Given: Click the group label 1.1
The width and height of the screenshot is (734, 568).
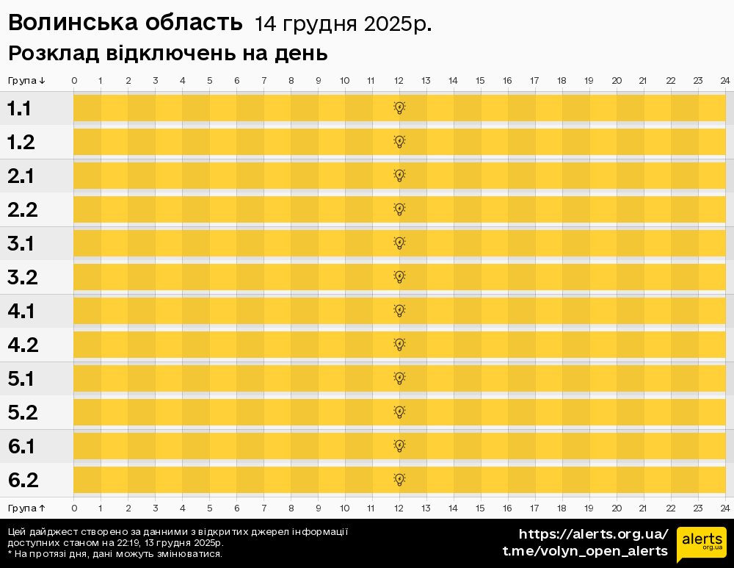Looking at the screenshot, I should (19, 109).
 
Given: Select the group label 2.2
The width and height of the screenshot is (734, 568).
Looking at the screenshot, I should (22, 210).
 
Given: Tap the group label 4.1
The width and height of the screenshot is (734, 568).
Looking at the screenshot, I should (21, 312).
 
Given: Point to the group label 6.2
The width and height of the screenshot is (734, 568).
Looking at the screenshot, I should (23, 481).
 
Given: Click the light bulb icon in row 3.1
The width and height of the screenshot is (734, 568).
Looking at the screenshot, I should (399, 243).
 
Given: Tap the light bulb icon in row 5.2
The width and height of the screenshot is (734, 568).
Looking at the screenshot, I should (399, 412).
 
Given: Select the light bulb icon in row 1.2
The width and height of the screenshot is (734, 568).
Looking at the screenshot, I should (399, 142).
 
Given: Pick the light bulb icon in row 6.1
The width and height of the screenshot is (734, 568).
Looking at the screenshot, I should (399, 446).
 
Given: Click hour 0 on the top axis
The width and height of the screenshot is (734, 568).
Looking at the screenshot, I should (74, 80).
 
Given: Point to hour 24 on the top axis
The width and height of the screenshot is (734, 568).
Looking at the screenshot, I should (724, 80).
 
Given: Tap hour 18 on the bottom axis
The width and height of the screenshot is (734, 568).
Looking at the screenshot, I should (562, 508).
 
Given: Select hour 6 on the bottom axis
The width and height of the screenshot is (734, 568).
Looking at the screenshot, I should (236, 508).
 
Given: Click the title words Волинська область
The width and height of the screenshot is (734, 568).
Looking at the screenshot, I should (125, 24).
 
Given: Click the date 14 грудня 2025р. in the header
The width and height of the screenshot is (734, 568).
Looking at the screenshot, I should (343, 25).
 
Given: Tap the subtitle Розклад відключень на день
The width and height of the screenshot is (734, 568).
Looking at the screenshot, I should (167, 54).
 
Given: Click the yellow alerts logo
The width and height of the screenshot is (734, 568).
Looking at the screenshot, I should (701, 544).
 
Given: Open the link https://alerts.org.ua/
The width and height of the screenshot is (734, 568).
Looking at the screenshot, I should (593, 534).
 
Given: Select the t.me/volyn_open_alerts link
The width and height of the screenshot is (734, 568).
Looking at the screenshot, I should (585, 551).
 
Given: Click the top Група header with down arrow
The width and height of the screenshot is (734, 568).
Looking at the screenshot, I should (27, 80).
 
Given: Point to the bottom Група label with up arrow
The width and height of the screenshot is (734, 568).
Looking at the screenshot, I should (27, 508).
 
